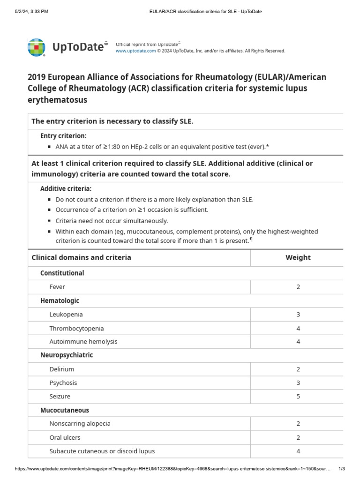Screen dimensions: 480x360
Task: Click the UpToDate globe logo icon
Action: tap(37, 47)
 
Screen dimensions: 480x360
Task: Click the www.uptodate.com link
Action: tap(135, 51)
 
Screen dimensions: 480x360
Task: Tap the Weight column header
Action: tap(298, 257)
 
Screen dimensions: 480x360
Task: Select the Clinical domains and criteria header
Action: tap(81, 257)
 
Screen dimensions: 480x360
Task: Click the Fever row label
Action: tap(57, 287)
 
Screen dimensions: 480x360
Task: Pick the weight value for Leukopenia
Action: tap(298, 315)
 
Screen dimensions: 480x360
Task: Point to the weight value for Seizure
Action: tap(298, 397)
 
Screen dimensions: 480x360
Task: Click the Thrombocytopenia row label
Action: tap(76, 328)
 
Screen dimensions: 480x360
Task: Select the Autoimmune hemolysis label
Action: tap(83, 342)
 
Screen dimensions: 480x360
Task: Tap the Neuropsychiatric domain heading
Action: tap(67, 355)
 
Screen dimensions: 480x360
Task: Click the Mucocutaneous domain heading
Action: tap(65, 410)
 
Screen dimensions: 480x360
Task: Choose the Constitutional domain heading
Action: tap(62, 273)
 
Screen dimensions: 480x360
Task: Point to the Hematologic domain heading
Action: tap(60, 300)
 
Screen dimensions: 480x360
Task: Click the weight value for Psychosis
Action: tap(298, 383)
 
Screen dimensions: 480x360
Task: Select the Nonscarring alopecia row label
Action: tap(80, 424)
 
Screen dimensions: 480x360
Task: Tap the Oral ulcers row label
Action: tap(65, 437)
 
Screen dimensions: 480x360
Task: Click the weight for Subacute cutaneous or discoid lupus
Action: tap(298, 451)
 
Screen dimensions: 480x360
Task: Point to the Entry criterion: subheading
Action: tap(63, 136)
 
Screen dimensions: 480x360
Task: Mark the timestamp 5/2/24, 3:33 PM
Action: tap(32, 11)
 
